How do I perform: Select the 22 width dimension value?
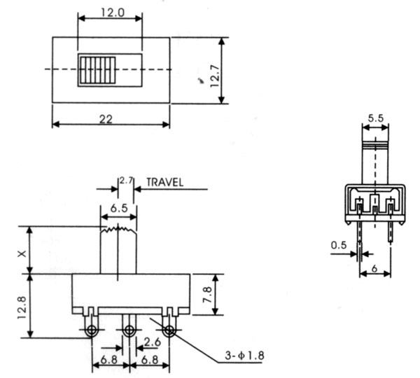tap(106, 118)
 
